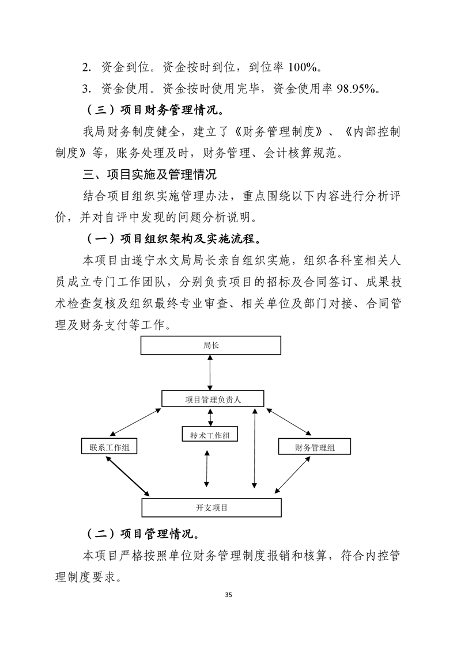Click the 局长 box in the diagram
pos(210,345)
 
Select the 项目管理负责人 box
pos(213,399)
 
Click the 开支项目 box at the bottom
pos(211,507)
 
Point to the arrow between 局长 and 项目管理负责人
pos(210,373)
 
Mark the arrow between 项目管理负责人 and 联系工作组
pos(134,422)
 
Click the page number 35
pos(228,594)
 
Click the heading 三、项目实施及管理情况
pos(150,174)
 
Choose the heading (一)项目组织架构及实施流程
pos(173,238)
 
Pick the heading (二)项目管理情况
pos(143,533)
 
